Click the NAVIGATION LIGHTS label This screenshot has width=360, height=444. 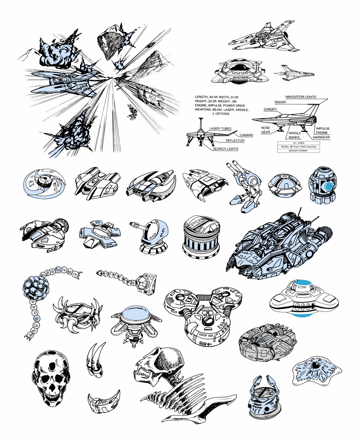(300, 97)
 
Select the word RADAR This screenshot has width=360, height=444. (280, 102)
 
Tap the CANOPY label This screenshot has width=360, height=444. (270, 109)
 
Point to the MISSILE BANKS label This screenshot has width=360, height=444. (295, 135)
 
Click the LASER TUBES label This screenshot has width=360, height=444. (221, 128)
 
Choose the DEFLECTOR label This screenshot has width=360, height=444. (235, 141)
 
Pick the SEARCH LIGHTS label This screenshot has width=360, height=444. (225, 149)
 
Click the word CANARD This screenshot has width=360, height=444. (246, 135)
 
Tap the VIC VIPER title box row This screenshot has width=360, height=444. (298, 143)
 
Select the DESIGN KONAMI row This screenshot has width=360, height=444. (298, 151)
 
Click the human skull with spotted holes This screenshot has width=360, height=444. (51, 379)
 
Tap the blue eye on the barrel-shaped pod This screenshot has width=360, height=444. (329, 185)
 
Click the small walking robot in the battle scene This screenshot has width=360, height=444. (132, 112)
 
